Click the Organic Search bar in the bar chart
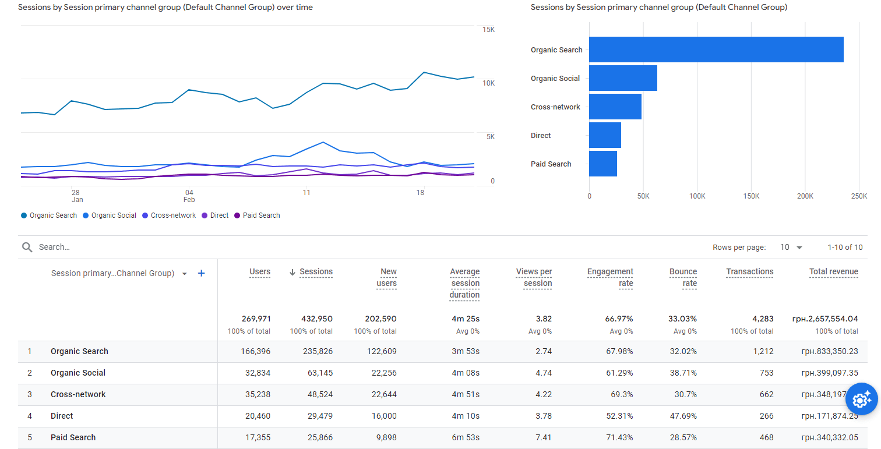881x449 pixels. click(x=716, y=50)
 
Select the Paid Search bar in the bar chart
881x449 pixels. click(x=603, y=164)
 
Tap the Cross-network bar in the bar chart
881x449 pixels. click(x=615, y=107)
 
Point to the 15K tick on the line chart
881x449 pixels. click(x=488, y=30)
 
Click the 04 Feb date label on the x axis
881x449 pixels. click(x=189, y=196)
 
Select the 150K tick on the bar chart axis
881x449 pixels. click(x=751, y=196)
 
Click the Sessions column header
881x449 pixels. click(x=316, y=272)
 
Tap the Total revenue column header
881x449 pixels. click(x=833, y=272)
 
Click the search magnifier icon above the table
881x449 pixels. click(x=27, y=247)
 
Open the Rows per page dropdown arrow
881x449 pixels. click(x=799, y=248)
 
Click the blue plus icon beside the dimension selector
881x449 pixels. click(x=201, y=273)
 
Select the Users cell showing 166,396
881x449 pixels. click(x=255, y=351)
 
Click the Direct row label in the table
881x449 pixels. click(x=62, y=416)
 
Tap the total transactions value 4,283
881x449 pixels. click(x=762, y=319)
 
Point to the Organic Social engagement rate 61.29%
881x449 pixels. click(x=619, y=373)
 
